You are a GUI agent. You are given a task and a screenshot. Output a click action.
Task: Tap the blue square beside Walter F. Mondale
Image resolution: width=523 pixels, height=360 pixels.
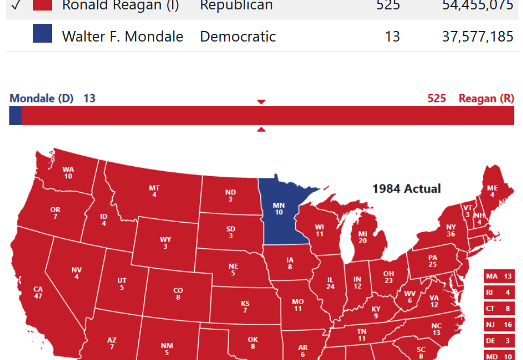pos(43,34)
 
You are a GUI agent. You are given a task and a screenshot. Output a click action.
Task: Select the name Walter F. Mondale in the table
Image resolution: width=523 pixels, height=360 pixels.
pos(122,37)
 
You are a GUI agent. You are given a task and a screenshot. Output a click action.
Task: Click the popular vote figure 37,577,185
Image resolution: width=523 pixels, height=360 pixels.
pos(478,37)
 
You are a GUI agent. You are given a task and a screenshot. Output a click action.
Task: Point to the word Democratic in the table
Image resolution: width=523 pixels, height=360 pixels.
pos(237,37)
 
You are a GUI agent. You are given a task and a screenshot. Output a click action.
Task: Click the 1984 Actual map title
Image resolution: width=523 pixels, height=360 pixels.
pos(406,188)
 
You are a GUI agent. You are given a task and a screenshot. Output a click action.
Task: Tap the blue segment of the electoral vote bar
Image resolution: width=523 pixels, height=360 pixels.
pos(15,115)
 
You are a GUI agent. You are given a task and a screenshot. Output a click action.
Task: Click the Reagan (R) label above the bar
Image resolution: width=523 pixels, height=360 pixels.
pos(486,99)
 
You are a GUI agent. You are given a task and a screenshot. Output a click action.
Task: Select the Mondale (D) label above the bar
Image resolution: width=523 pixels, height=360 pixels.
pos(42,99)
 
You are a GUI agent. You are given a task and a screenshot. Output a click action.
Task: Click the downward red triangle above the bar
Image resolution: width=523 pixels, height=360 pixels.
pos(261,102)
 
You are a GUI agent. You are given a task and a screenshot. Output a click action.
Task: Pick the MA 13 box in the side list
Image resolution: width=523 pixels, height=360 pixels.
pos(499,276)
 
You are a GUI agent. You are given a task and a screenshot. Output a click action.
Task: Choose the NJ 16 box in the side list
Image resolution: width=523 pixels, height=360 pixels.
pos(499,325)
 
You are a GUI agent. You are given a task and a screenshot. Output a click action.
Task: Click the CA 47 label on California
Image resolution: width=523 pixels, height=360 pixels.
pos(38,292)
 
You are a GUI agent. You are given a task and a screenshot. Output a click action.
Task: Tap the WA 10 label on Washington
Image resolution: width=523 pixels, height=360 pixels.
pos(68,173)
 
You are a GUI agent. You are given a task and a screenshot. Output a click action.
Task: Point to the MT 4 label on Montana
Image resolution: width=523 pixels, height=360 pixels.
pos(154,192)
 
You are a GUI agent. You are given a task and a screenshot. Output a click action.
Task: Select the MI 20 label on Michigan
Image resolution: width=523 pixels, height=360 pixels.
pos(363,238)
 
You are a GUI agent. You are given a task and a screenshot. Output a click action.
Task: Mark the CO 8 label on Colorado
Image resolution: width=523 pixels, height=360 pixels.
pos(178,294)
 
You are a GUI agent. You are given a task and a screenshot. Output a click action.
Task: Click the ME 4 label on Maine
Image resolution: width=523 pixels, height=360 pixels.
pos(491,191)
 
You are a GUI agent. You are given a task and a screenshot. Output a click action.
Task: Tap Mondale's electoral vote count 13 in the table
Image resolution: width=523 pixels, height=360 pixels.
pos(392,37)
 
